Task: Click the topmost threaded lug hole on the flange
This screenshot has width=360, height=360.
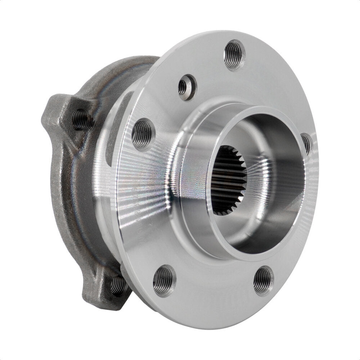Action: click(x=234, y=55)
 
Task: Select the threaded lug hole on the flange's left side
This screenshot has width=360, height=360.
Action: click(x=143, y=134)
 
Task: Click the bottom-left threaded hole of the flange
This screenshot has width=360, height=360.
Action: click(x=164, y=281)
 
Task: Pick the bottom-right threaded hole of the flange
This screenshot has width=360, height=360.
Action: click(x=263, y=281)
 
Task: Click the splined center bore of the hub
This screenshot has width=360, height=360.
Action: click(x=228, y=180)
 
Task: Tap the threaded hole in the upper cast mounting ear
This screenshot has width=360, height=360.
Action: click(x=81, y=119)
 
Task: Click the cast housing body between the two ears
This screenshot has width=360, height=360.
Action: click(x=72, y=202)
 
